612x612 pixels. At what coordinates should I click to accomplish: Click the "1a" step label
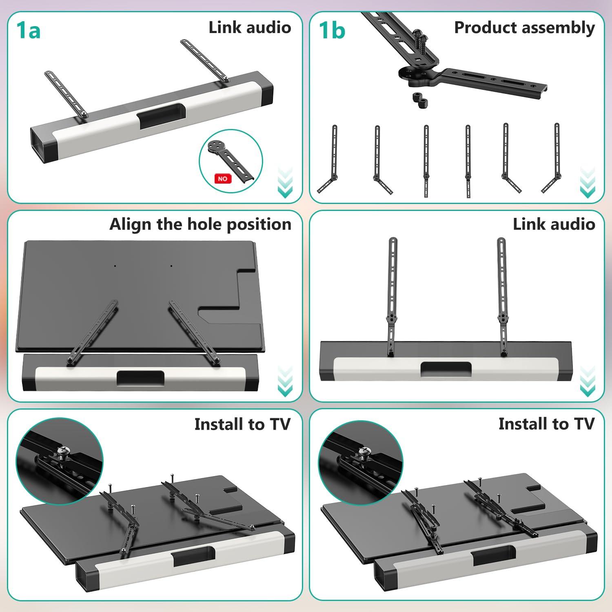[x=29, y=31]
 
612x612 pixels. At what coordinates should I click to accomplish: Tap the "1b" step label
[x=332, y=31]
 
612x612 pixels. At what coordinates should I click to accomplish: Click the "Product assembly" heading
[x=524, y=28]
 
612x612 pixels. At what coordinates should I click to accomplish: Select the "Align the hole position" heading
[x=200, y=224]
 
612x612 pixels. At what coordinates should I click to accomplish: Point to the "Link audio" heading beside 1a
[x=250, y=28]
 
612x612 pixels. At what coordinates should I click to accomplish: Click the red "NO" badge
[x=223, y=179]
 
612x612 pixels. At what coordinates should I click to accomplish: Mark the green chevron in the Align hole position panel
[x=285, y=381]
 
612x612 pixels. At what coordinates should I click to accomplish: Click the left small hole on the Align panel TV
[x=115, y=266]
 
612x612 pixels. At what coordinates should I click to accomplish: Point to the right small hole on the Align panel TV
[x=171, y=266]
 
